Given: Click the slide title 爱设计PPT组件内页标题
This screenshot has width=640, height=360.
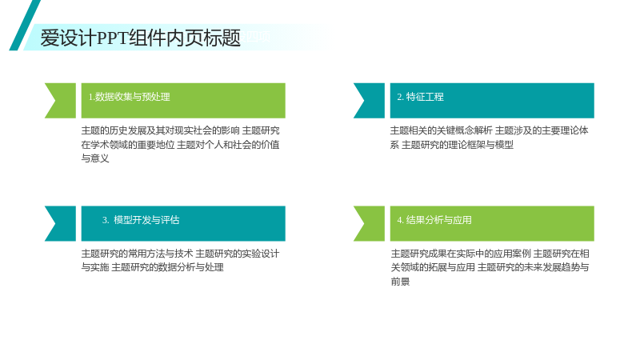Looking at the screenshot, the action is (x=141, y=38).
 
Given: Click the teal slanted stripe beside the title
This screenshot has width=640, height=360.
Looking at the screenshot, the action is (x=25, y=26).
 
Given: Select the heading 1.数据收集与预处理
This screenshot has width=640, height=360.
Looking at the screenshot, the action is (x=129, y=97).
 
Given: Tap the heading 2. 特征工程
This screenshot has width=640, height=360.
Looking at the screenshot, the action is (x=421, y=97).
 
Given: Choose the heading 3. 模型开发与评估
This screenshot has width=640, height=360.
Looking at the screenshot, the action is (x=141, y=220).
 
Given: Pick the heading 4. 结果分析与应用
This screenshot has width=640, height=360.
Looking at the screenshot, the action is (x=434, y=220).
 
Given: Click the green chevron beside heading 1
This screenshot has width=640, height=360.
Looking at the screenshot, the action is (x=61, y=101).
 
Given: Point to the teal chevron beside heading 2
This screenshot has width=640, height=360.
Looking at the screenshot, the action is (x=369, y=101).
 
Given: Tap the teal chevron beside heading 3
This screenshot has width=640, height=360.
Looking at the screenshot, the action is (x=61, y=224).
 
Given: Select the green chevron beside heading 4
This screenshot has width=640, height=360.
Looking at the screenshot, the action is (x=369, y=224).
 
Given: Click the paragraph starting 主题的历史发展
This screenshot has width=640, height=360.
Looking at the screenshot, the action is (x=181, y=145).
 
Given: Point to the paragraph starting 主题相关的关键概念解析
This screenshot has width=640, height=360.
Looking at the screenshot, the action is (x=489, y=138).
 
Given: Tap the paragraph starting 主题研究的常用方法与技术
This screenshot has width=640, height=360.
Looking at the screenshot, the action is (x=181, y=261).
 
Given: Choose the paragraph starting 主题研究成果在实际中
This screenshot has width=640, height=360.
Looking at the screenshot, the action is (x=490, y=267).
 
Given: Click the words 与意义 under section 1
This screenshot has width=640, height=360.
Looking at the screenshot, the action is (x=95, y=158).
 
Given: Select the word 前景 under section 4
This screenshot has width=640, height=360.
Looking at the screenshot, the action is (x=400, y=282).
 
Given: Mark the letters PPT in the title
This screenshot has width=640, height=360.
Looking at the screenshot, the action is (x=112, y=38).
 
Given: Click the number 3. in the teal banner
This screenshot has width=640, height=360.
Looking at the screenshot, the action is (x=106, y=221).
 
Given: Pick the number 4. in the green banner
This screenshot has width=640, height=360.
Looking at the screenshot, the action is (x=401, y=221).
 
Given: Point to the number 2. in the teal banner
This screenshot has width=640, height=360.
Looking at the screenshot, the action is (x=401, y=97).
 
